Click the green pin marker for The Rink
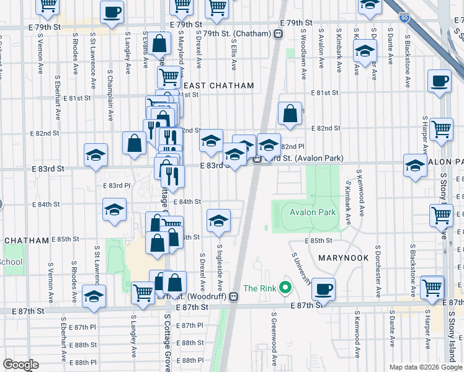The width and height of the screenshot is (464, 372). point(285,288)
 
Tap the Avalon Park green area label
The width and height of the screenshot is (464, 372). point(313,213)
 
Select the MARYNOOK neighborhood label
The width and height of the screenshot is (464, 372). point(344,257)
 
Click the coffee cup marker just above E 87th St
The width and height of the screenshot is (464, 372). point(323,289)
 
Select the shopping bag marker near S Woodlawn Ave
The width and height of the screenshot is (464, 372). point(290,114)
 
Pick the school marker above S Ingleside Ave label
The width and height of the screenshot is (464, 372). point(218,221)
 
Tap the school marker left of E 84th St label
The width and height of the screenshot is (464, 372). point(115,211)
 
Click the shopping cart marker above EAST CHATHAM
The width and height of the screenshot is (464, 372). point(169,77)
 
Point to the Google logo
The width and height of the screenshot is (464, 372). point(20,365)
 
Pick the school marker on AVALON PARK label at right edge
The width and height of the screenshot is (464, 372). point(415,165)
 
